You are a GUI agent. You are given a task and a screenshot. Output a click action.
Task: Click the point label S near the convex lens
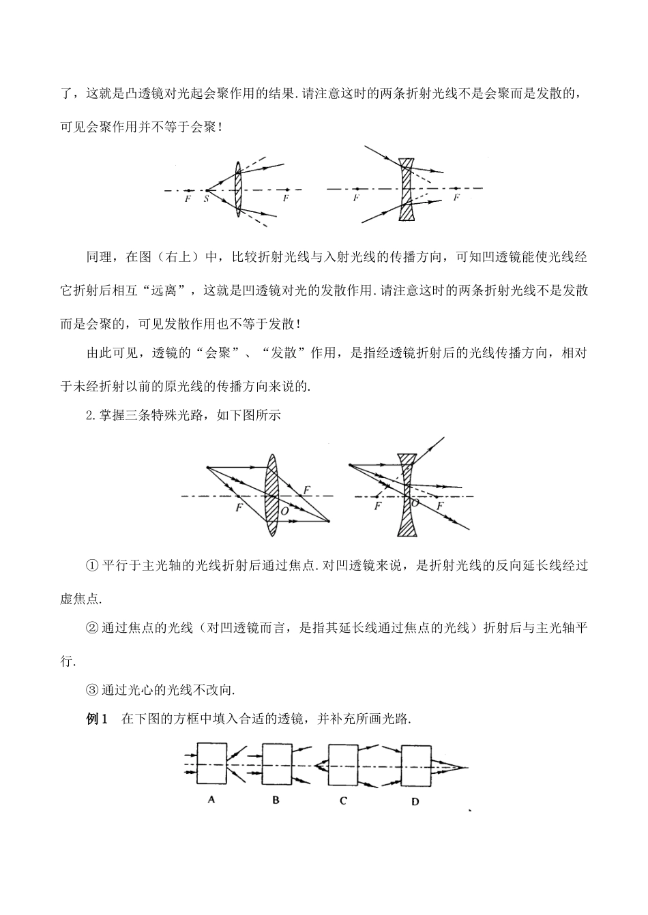[207, 198]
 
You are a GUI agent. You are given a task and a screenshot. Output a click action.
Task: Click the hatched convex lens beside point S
[238, 189]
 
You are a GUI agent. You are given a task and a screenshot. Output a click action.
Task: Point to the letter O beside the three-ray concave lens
[414, 503]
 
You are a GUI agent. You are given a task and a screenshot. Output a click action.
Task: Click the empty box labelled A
[211, 765]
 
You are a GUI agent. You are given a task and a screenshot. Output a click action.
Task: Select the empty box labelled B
[277, 765]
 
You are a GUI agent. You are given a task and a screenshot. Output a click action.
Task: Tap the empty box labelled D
[415, 766]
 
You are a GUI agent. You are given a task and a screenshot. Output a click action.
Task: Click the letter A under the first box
[211, 800]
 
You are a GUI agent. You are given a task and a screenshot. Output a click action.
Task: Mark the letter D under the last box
[415, 802]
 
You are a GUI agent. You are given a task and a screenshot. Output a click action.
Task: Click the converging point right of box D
[467, 767]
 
